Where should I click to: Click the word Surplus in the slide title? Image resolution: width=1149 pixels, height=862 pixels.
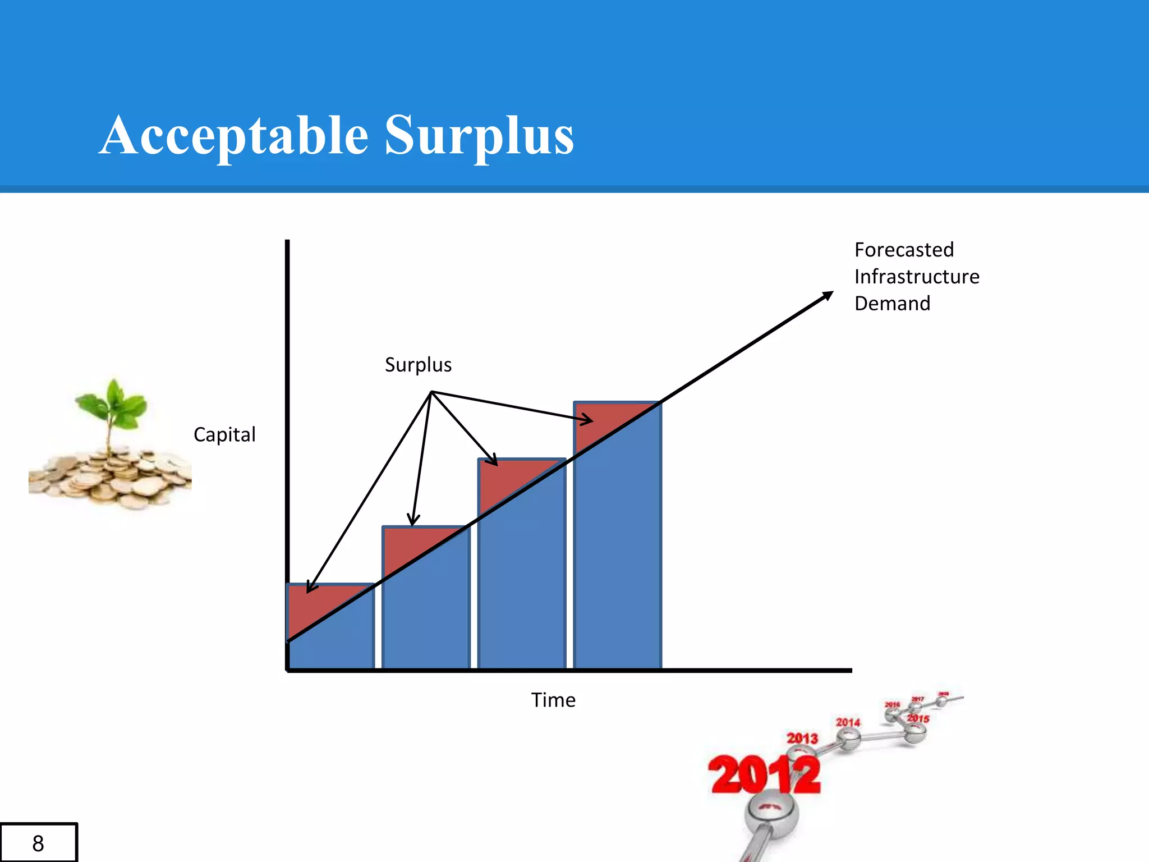tap(479, 136)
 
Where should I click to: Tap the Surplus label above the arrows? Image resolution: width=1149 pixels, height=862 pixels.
tap(418, 365)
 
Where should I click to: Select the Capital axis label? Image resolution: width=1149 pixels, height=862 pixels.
tap(224, 434)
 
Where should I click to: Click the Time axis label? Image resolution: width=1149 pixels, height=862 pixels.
tap(553, 700)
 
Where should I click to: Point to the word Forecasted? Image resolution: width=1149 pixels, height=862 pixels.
tap(904, 250)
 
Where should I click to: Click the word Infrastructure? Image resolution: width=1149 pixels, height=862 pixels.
tap(917, 277)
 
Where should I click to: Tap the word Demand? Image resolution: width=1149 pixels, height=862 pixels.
tap(892, 304)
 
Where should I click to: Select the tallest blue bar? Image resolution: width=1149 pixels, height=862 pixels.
tap(617, 561)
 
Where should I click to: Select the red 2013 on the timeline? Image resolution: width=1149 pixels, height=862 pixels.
tap(802, 738)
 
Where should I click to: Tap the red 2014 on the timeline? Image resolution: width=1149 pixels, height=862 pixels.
tap(848, 722)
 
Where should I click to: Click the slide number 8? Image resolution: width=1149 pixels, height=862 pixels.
tap(38, 843)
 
